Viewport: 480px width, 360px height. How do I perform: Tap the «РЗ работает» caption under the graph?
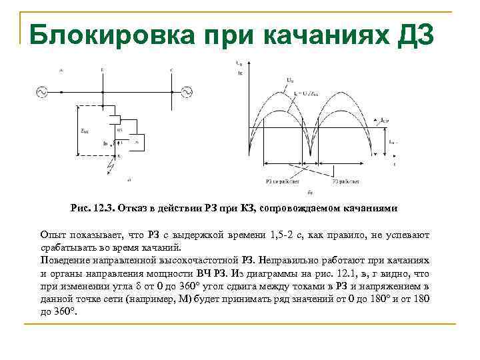point(346,181)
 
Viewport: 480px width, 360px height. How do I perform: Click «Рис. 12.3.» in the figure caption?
point(92,208)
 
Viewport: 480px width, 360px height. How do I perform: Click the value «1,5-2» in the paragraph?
point(287,235)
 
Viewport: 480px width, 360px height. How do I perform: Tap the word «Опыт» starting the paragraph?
point(53,235)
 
